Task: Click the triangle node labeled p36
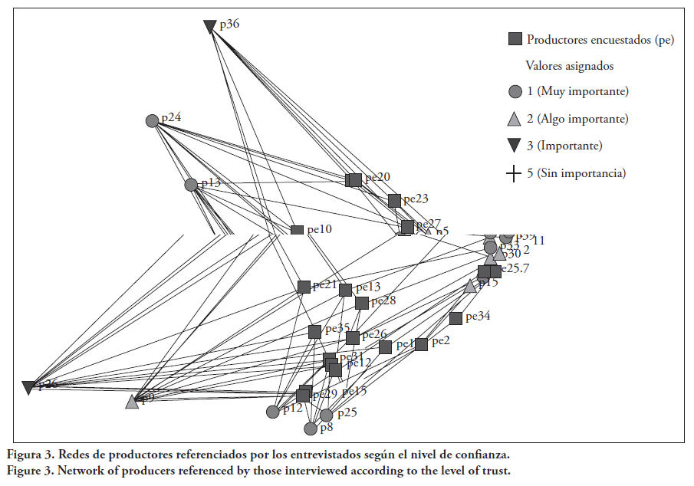coord(210,28)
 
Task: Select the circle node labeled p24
coord(152,120)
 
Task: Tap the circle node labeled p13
coord(191,185)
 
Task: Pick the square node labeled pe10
coord(297,230)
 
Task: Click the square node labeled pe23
coord(394,201)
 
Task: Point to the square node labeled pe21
coord(304,287)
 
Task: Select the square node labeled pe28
coord(362,303)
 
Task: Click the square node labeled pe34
coord(456,318)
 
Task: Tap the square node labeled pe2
coord(421,344)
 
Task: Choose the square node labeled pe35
coord(314,332)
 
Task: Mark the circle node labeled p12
coord(272,412)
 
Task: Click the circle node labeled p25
coord(327,415)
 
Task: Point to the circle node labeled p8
coord(311,429)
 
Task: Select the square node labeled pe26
coord(352,337)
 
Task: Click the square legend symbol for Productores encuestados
coord(515,39)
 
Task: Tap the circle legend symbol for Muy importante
coord(515,92)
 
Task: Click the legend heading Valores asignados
coord(569,66)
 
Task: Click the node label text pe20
coord(377,178)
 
